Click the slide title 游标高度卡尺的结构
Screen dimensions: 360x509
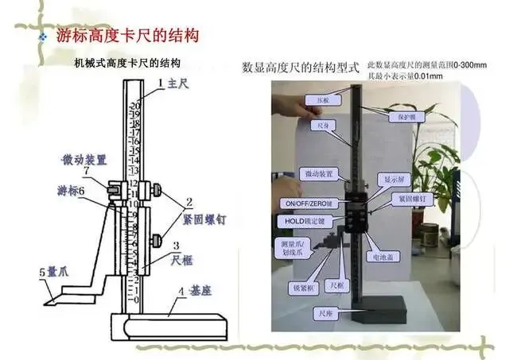coord(127,36)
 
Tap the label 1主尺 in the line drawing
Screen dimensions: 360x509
coord(171,82)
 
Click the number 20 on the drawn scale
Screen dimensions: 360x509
coord(136,105)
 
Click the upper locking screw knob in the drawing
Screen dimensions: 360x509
coord(160,190)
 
